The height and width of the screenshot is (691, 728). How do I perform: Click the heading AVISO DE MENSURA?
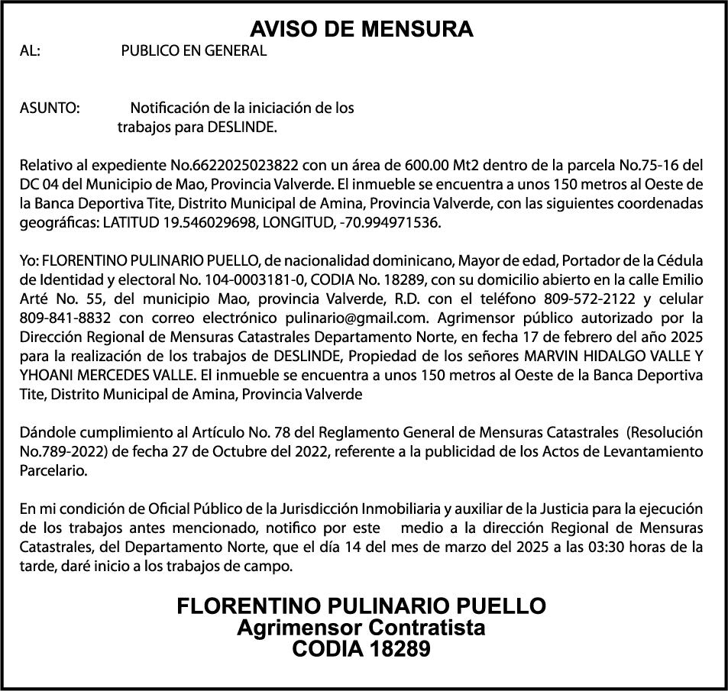point(362,29)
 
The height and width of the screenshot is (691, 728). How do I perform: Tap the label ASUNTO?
point(50,108)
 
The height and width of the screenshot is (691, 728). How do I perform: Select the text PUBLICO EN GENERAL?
point(194,51)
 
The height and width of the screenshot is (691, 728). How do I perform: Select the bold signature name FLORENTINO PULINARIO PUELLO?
point(362,606)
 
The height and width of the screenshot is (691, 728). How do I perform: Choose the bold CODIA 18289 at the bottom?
point(362,650)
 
